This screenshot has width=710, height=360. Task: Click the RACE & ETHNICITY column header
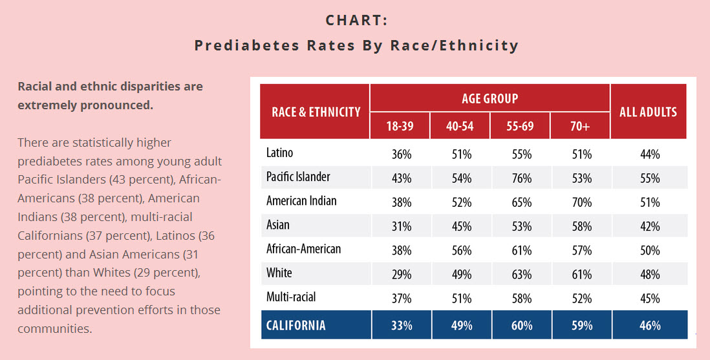tap(316, 112)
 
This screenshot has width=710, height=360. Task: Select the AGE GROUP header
tap(489, 98)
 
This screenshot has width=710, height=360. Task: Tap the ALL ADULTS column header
tap(649, 112)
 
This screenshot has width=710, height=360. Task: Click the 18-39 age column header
tap(400, 126)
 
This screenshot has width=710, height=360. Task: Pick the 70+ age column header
tap(581, 126)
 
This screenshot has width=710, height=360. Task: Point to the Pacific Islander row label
tap(299, 177)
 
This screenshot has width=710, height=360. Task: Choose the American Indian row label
tap(302, 201)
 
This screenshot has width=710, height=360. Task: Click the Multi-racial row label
tap(291, 297)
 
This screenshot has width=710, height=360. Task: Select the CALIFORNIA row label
tap(296, 325)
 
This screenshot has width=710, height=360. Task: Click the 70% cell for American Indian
tap(581, 202)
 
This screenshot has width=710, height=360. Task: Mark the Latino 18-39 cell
tap(400, 154)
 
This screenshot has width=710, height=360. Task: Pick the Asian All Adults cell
tap(649, 226)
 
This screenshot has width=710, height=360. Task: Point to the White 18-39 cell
tap(400, 274)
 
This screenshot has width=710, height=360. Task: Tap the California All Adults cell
tap(649, 326)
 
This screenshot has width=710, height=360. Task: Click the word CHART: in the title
tap(356, 20)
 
